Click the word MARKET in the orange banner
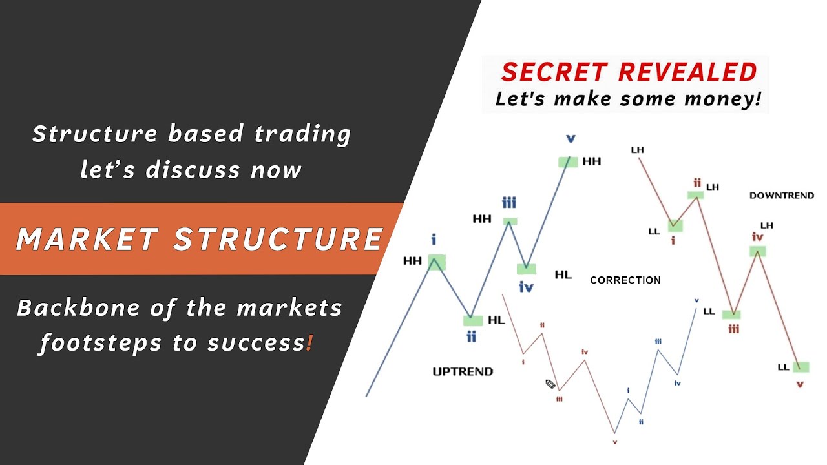(x=87, y=240)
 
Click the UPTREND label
(x=463, y=371)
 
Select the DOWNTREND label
(x=781, y=195)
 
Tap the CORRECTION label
(x=625, y=280)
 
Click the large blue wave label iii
(x=509, y=203)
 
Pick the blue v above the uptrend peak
(x=571, y=138)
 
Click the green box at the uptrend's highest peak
(x=568, y=161)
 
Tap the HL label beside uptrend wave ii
(x=496, y=320)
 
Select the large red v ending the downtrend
(x=800, y=384)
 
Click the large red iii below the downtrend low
(x=733, y=329)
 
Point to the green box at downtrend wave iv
(x=757, y=252)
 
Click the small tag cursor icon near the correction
(x=550, y=384)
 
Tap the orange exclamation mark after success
(x=310, y=344)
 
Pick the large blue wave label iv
(x=526, y=287)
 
